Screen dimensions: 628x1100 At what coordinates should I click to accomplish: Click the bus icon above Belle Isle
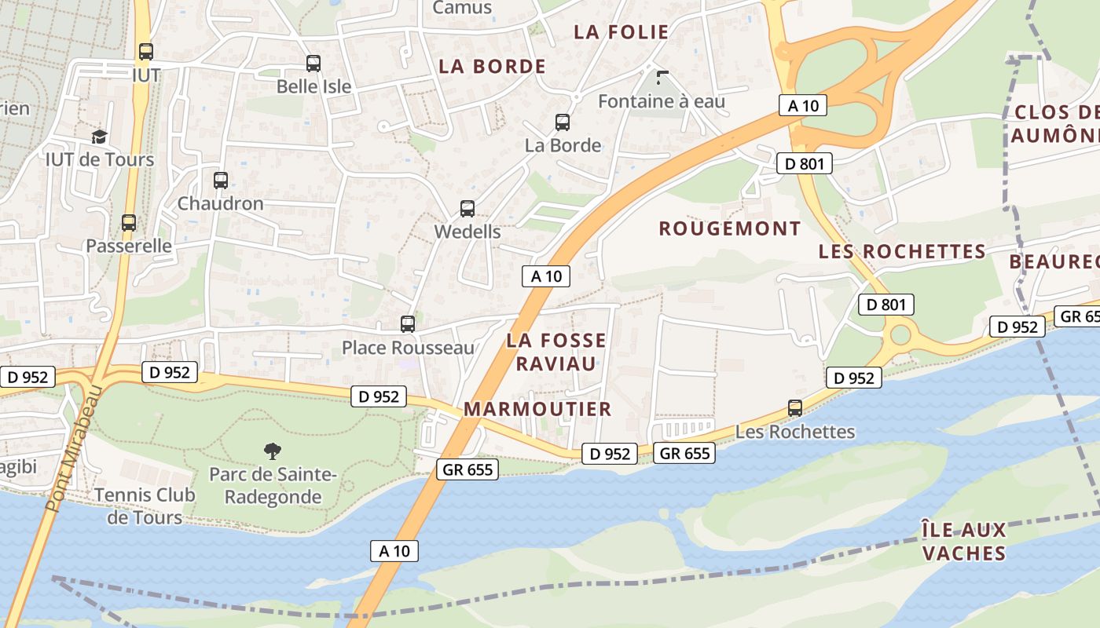[x=313, y=64]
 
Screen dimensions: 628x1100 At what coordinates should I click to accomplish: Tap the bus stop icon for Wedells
[x=467, y=209]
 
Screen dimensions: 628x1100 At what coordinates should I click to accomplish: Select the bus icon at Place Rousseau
[x=408, y=324]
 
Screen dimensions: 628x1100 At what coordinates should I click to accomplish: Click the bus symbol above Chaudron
[x=221, y=181]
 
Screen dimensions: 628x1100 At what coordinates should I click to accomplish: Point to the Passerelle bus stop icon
[x=129, y=223]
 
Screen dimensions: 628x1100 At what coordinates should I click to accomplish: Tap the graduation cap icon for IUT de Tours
[x=99, y=137]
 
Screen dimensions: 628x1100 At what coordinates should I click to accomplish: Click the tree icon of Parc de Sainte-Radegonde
[x=273, y=451]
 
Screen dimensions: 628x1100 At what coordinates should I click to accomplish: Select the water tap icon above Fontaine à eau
[x=662, y=78]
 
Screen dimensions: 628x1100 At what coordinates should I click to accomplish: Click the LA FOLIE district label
[x=621, y=32]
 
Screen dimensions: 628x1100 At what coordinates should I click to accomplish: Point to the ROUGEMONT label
[x=730, y=228]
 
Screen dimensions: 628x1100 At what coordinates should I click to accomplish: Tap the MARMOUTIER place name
[x=537, y=409]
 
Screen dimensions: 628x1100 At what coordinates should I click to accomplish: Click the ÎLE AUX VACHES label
[x=964, y=542]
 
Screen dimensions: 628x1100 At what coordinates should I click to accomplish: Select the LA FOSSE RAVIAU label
[x=556, y=352]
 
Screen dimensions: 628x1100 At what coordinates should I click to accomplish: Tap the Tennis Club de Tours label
[x=145, y=506]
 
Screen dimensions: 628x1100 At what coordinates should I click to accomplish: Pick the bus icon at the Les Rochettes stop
[x=795, y=408]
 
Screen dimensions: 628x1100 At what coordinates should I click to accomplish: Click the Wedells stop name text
[x=467, y=232]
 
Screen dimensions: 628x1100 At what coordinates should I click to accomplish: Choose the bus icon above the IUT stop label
[x=146, y=52]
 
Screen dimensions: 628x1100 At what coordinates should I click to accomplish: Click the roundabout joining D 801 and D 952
[x=900, y=336]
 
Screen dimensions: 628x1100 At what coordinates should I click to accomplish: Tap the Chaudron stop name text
[x=221, y=203]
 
